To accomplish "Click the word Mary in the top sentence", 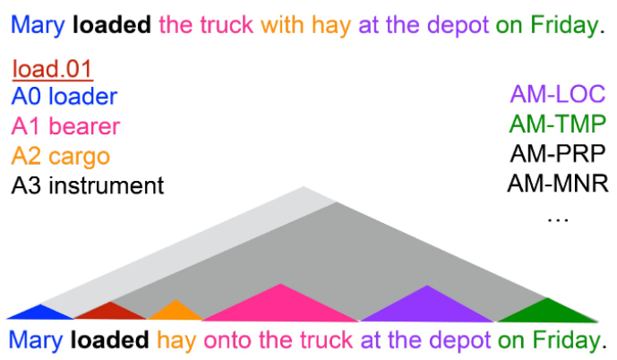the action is pyautogui.click(x=37, y=25).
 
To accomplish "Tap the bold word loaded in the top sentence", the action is pyautogui.click(x=112, y=25).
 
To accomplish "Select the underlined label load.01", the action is pyautogui.click(x=53, y=69).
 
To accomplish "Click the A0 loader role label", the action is pyautogui.click(x=64, y=97).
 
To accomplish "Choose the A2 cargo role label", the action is pyautogui.click(x=61, y=156).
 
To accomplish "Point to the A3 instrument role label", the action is pyautogui.click(x=88, y=185).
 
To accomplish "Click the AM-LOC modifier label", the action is pyautogui.click(x=558, y=93).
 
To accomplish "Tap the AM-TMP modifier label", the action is pyautogui.click(x=558, y=124).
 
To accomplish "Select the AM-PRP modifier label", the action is pyautogui.click(x=558, y=153).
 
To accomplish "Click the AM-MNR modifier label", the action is pyautogui.click(x=558, y=184).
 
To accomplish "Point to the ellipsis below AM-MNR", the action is pyautogui.click(x=558, y=215).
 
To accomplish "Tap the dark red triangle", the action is pyautogui.click(x=109, y=312).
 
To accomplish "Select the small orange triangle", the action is pyautogui.click(x=175, y=312).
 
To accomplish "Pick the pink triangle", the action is pyautogui.click(x=281, y=305).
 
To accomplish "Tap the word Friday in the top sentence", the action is pyautogui.click(x=561, y=25).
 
